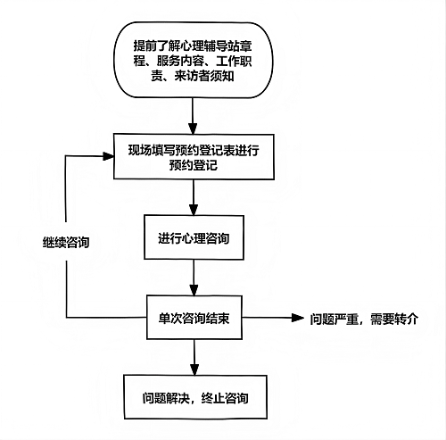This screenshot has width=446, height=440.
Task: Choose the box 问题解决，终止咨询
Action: [194, 396]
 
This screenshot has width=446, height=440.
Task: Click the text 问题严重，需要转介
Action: [363, 318]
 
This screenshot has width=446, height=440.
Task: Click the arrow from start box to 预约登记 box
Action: [194, 115]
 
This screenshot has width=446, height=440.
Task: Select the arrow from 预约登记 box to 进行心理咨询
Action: [194, 196]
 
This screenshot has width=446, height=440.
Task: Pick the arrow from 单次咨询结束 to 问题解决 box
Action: [194, 355]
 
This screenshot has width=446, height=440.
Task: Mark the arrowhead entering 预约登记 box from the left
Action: [110, 156]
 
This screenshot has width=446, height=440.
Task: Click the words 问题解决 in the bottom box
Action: [163, 396]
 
